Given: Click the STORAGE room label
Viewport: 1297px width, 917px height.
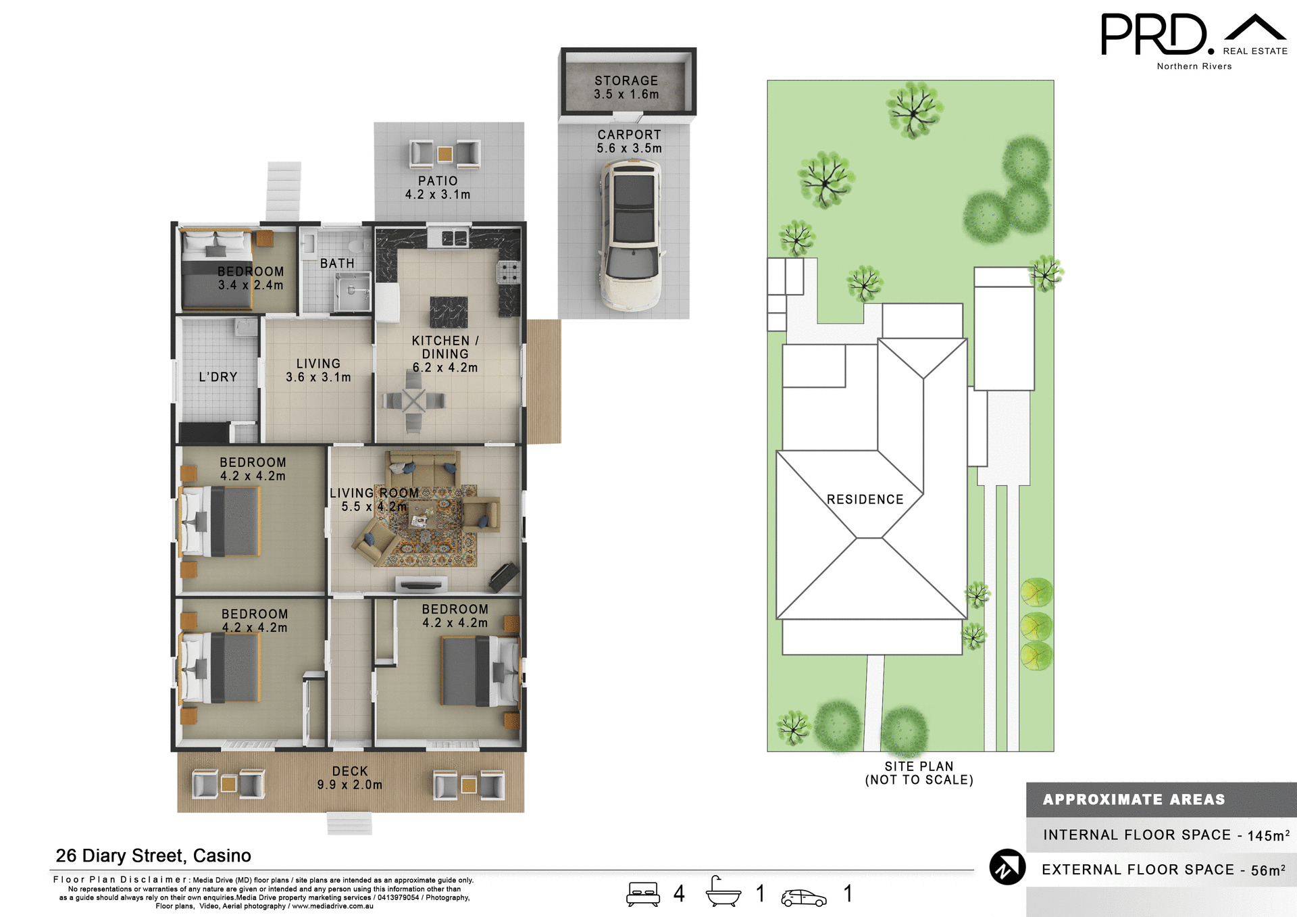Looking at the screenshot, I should click(626, 81).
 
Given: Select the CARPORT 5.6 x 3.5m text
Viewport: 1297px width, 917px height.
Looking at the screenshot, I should click(629, 141).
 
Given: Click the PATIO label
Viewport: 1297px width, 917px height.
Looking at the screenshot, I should click(438, 181).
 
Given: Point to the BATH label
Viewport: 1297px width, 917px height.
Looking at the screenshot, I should click(337, 264).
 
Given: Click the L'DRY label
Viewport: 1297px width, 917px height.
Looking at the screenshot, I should click(218, 377).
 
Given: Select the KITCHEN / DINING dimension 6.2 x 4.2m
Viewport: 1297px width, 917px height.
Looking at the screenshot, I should click(445, 368).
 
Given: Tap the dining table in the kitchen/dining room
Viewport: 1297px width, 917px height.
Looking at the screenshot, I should click(413, 401).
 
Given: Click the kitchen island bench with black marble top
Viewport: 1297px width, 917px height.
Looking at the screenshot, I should click(449, 312).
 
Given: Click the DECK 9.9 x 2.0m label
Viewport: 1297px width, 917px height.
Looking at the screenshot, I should click(350, 778).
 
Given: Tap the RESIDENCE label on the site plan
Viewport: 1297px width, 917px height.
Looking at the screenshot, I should click(865, 499).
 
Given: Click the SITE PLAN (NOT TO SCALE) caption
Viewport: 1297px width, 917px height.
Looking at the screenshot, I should click(919, 773).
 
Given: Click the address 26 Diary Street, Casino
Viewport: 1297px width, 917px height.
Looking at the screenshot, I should click(153, 856).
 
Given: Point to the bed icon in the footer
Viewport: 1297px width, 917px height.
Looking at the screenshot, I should click(643, 894).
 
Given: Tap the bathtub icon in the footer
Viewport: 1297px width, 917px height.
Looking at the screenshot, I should click(723, 893).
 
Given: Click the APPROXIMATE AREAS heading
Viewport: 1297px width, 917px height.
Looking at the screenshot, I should click(1134, 799).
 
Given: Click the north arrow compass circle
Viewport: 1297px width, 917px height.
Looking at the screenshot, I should click(1007, 867).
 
